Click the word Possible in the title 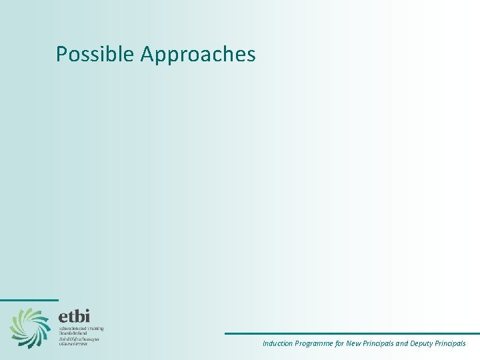(95, 54)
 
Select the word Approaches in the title (198, 55)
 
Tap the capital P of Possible (62, 54)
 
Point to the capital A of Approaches (147, 54)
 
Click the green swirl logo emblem (29, 327)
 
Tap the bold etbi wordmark (73, 316)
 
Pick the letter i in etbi (87, 315)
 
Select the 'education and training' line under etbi (81, 329)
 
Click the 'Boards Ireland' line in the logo (73, 333)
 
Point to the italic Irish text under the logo (79, 341)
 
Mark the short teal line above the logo (29, 300)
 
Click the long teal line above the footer (352, 333)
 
